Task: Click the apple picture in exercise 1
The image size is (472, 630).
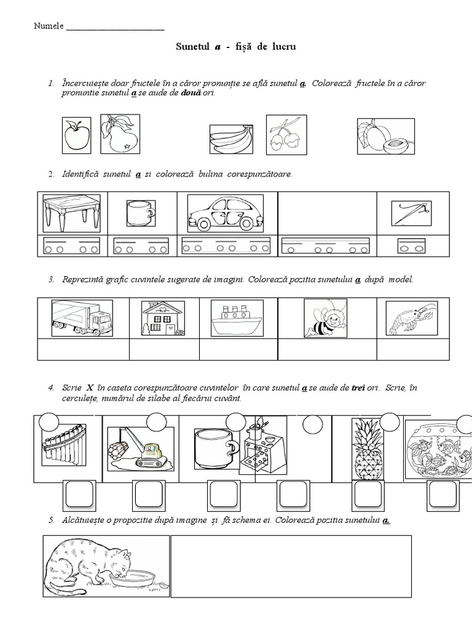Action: click(x=77, y=135)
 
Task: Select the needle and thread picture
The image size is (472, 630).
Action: click(x=412, y=213)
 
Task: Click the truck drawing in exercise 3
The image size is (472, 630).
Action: click(x=82, y=318)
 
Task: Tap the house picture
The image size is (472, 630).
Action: click(x=163, y=318)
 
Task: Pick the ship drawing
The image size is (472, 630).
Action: click(x=237, y=318)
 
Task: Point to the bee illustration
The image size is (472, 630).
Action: click(x=327, y=318)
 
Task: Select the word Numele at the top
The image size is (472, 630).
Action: click(x=47, y=27)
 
